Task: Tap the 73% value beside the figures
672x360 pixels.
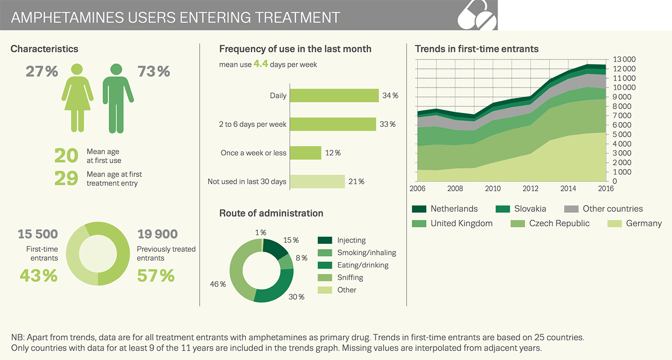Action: (x=153, y=72)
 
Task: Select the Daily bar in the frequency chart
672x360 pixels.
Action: (x=334, y=96)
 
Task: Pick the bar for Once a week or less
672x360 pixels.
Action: (x=305, y=153)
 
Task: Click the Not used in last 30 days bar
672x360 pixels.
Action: (x=317, y=181)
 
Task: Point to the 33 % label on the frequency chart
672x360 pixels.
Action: (x=388, y=124)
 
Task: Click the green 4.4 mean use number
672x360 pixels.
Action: (x=261, y=64)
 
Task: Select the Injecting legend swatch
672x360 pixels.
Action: (x=325, y=240)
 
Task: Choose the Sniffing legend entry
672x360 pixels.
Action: (x=350, y=277)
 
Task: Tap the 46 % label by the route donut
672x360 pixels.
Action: (x=218, y=284)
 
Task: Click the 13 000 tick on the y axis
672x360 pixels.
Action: (x=624, y=60)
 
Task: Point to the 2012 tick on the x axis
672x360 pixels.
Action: (x=530, y=189)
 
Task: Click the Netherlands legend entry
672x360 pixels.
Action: (x=454, y=209)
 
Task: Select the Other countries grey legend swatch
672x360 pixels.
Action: (x=571, y=209)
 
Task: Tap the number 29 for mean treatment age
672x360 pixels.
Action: (x=66, y=179)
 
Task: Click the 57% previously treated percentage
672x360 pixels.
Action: (x=156, y=276)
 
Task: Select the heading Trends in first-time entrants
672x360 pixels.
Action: (x=477, y=49)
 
